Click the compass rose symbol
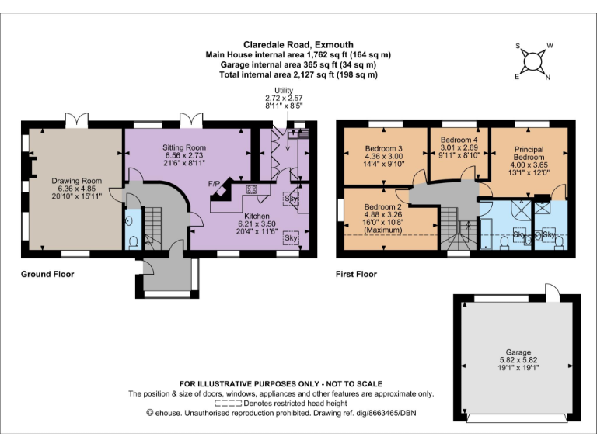533,61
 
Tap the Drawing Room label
72,181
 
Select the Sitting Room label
183,147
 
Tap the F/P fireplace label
214,183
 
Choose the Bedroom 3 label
383,149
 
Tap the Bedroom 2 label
383,206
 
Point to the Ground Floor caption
48,274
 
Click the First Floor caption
356,274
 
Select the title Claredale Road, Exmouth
298,45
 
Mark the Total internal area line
298,75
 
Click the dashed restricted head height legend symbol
228,404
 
